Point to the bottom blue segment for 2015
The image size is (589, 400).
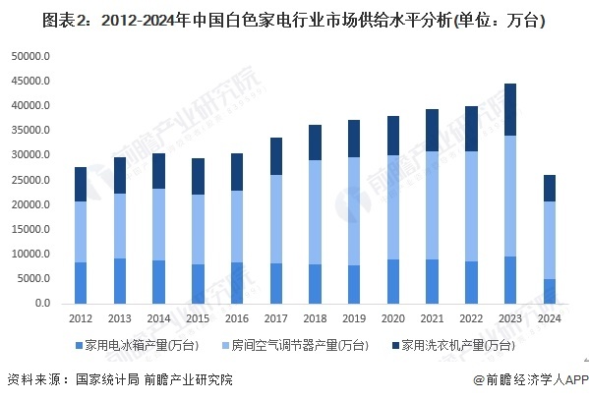[x=199, y=284]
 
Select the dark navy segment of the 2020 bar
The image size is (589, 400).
[x=394, y=136]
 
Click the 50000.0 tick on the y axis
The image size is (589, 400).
[x=29, y=57]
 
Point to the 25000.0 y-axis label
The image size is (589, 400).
[x=29, y=180]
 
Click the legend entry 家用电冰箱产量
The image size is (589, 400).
[x=147, y=345]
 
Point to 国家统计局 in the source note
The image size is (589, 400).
[x=107, y=379]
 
